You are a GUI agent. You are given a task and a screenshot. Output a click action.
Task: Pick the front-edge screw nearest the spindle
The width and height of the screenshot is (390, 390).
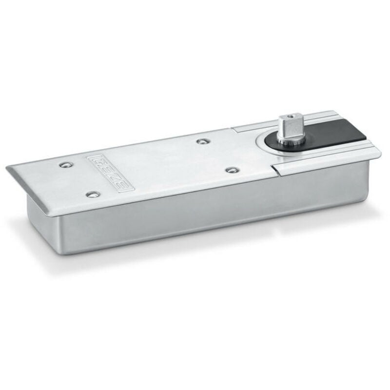[x=232, y=170]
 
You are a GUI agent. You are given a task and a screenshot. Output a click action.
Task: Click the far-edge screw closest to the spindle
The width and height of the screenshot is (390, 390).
[x=201, y=141]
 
